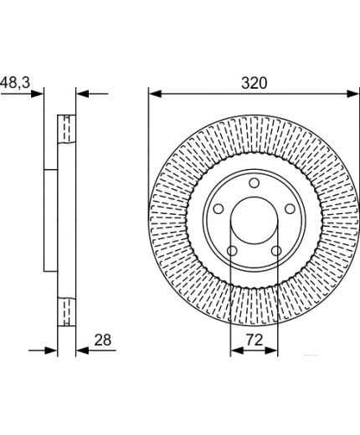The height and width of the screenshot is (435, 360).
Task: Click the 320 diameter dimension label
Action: tap(254, 83)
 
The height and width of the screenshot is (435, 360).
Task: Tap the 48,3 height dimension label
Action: tap(15, 83)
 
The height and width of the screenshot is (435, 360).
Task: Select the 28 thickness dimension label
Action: tap(103, 340)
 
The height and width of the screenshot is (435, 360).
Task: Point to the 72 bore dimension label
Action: tap(255, 340)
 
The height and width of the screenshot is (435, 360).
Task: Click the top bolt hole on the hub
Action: tap(254, 183)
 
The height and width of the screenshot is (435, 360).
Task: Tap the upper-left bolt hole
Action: tap(219, 209)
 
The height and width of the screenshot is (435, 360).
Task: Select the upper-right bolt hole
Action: tap(290, 209)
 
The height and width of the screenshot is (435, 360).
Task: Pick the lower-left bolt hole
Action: tap(232, 251)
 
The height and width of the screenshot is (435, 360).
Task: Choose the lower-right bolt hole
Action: tap(276, 251)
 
